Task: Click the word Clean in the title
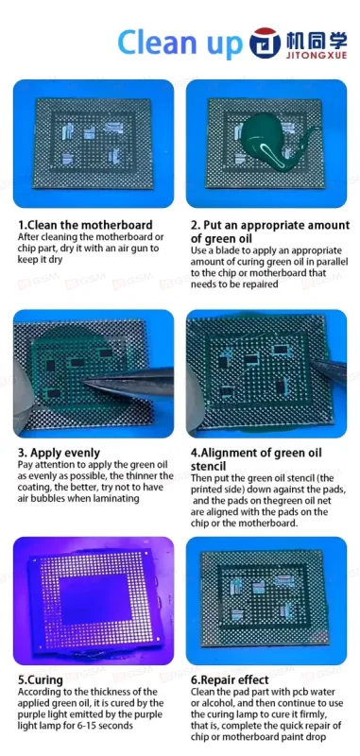click(x=154, y=43)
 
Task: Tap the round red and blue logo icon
click(x=266, y=43)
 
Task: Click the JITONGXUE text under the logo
click(x=317, y=55)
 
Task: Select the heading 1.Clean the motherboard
click(x=85, y=225)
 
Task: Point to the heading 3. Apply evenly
click(x=59, y=453)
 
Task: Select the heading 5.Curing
click(x=41, y=679)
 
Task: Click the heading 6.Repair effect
click(x=230, y=679)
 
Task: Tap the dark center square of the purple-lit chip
click(x=95, y=598)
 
